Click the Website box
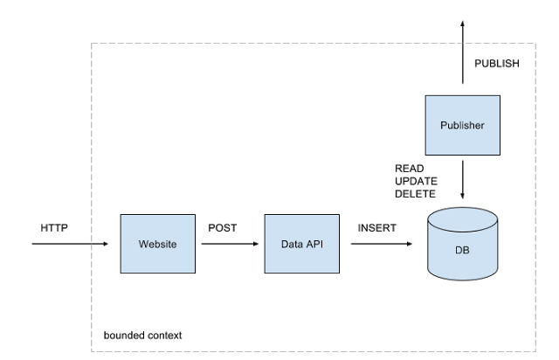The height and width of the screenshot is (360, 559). tap(157, 244)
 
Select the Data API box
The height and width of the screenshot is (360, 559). tap(301, 244)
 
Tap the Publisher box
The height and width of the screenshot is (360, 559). tap(462, 125)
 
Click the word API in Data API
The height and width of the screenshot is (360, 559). tap(314, 244)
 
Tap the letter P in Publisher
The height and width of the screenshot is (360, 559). tap(443, 125)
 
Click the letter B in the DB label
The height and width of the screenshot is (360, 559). tap(466, 250)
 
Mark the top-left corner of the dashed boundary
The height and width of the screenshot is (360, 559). tap(92, 43)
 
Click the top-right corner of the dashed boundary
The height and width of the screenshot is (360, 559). tap(535, 43)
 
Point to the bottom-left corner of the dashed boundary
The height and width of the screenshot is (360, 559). tap(92, 352)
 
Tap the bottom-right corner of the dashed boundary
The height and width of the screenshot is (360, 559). tap(535, 352)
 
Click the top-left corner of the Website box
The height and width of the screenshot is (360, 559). tap(121, 215)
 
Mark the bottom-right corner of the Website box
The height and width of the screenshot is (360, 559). tap(194, 273)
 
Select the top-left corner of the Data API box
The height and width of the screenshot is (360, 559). tap(266, 215)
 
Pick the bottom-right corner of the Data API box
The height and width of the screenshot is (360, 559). tap(338, 273)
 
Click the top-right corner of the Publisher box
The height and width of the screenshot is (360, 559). tap(499, 96)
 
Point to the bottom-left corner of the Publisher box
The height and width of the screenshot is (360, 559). tap(426, 154)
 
